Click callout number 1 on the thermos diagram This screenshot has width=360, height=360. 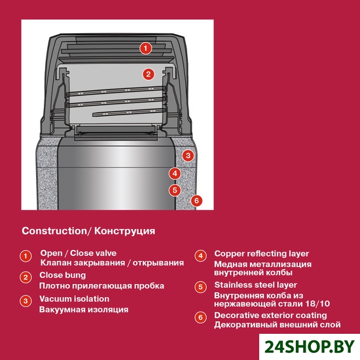point(146,48)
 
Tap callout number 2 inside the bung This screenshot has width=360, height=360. point(149,74)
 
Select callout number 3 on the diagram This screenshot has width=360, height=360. point(188,156)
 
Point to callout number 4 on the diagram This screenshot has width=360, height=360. point(175,173)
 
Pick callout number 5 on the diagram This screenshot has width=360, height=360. point(175,190)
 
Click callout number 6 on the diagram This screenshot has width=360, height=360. point(196,201)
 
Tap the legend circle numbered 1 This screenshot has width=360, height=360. point(26,256)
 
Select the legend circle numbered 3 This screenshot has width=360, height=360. point(26,301)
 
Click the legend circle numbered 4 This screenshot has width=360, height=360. point(201,256)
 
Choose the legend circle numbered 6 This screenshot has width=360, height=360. point(201,317)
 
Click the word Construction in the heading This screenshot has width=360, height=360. point(54,231)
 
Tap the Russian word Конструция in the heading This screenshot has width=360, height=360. point(124,231)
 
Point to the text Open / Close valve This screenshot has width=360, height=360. point(79,253)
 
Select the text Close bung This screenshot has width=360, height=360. point(62,276)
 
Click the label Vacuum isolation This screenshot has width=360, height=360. point(74,299)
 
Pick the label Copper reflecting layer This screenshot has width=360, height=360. point(262,254)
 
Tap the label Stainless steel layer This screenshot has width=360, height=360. point(255,285)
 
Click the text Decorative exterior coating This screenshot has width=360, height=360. point(270,315)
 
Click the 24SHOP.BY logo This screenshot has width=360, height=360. point(310,347)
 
